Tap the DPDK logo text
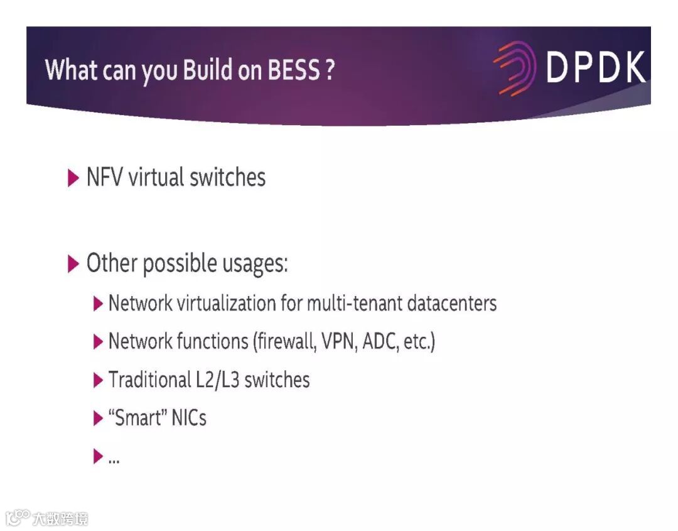coord(595,67)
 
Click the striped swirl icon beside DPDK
coord(514,68)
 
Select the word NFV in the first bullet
coord(105,177)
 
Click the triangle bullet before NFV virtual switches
coord(73,178)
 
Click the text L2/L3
coord(217,380)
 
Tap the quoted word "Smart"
coord(134,418)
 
